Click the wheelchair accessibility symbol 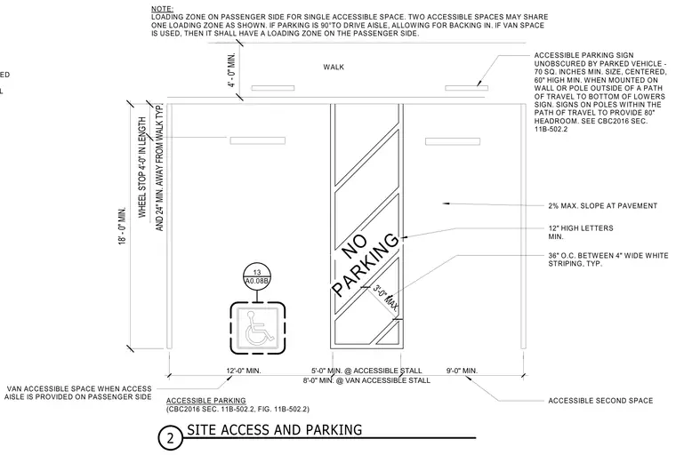258,327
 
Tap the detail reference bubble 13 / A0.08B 257,276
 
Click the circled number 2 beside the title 170,438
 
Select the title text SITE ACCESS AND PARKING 274,429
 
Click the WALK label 334,68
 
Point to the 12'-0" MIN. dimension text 244,371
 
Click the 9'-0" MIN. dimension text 462,371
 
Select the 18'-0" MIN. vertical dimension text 123,226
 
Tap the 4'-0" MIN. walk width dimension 232,70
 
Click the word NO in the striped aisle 354,247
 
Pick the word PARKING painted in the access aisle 366,265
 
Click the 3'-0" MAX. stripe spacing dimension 385,298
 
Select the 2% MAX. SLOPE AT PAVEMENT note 603,206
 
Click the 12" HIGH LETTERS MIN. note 580,232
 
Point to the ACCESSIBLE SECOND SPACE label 600,401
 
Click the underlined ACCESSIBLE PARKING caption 206,401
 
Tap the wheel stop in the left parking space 257,140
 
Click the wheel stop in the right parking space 453,141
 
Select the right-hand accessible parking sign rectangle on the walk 466,88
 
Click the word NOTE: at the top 162,9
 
